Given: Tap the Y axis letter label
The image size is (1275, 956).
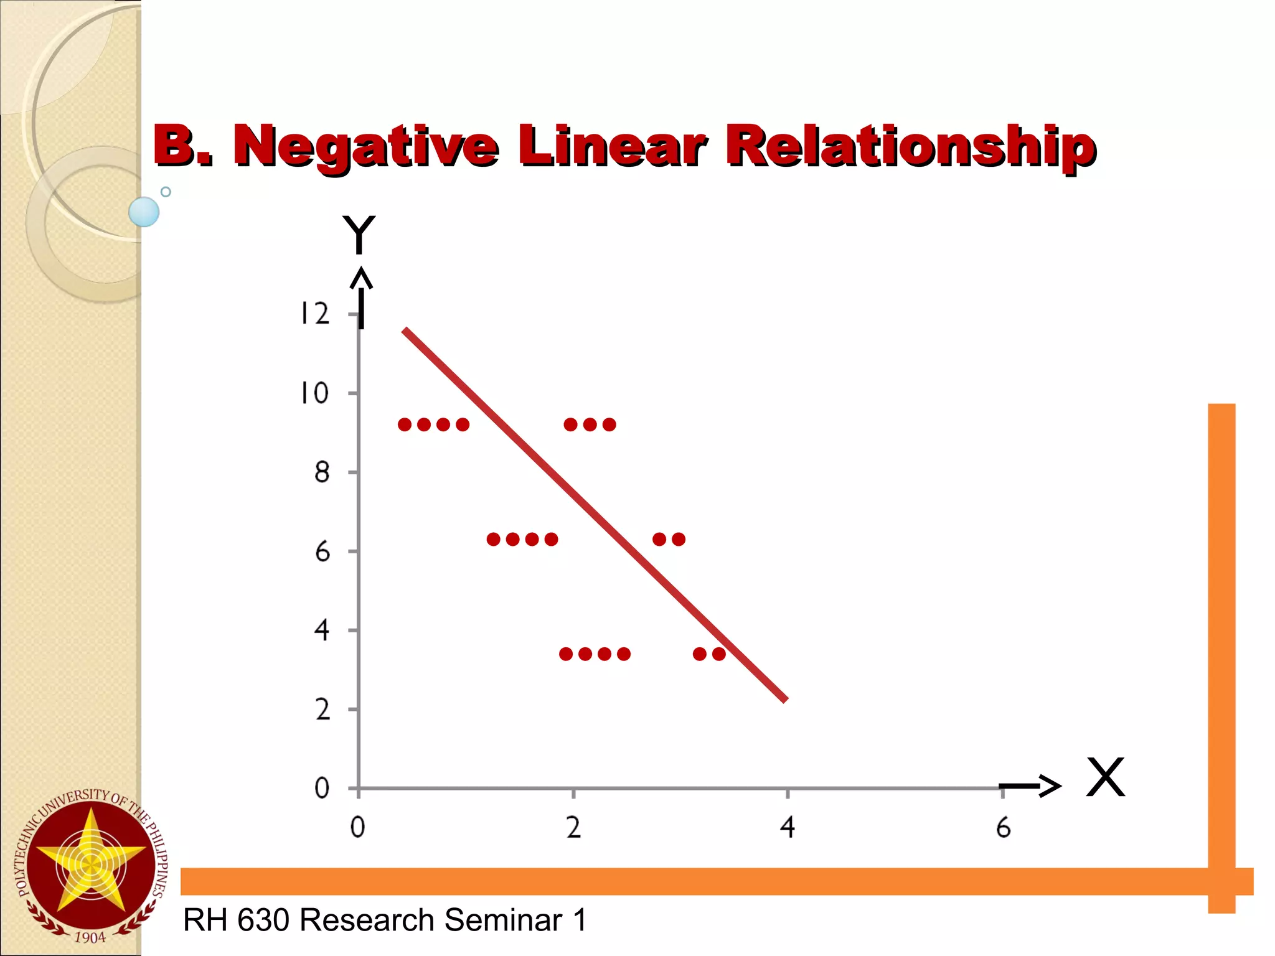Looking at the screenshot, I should [359, 235].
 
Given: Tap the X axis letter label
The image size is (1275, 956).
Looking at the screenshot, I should [1106, 777].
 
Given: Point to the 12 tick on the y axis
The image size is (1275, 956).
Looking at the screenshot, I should [315, 314].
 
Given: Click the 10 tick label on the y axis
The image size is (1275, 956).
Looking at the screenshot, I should [315, 393].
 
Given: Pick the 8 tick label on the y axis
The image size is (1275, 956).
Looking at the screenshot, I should [322, 473].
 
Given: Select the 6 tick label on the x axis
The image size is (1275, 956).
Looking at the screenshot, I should [1003, 828].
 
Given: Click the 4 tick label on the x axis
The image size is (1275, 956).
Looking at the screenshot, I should [788, 828].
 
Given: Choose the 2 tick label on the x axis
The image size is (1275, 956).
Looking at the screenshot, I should [573, 828].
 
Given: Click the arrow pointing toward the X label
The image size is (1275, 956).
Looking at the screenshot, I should [1030, 785].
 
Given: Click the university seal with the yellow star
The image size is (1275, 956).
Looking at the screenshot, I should [91, 865].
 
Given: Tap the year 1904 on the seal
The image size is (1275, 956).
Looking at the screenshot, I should [90, 937].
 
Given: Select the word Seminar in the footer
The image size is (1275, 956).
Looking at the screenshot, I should [503, 920].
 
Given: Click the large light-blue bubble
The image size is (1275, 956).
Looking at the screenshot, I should [144, 212].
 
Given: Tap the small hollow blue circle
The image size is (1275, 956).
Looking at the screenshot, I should [166, 192].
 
